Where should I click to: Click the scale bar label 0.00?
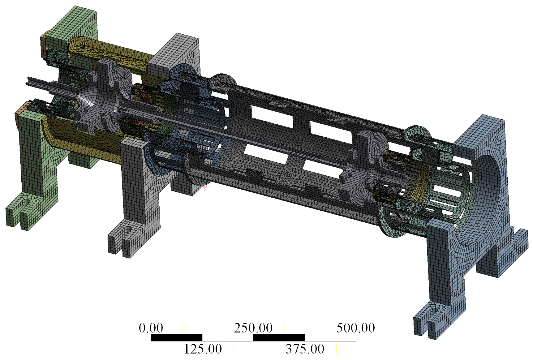tap(151, 328)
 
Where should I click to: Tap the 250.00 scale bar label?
tap(253, 328)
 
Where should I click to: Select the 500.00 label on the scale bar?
tap(355, 328)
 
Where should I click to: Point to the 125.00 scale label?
tap(203, 349)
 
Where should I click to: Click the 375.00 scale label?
tap(305, 349)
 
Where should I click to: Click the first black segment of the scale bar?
tap(177, 338)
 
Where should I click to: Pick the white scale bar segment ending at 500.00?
tap(330, 338)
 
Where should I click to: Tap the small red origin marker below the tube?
tap(205, 186)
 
